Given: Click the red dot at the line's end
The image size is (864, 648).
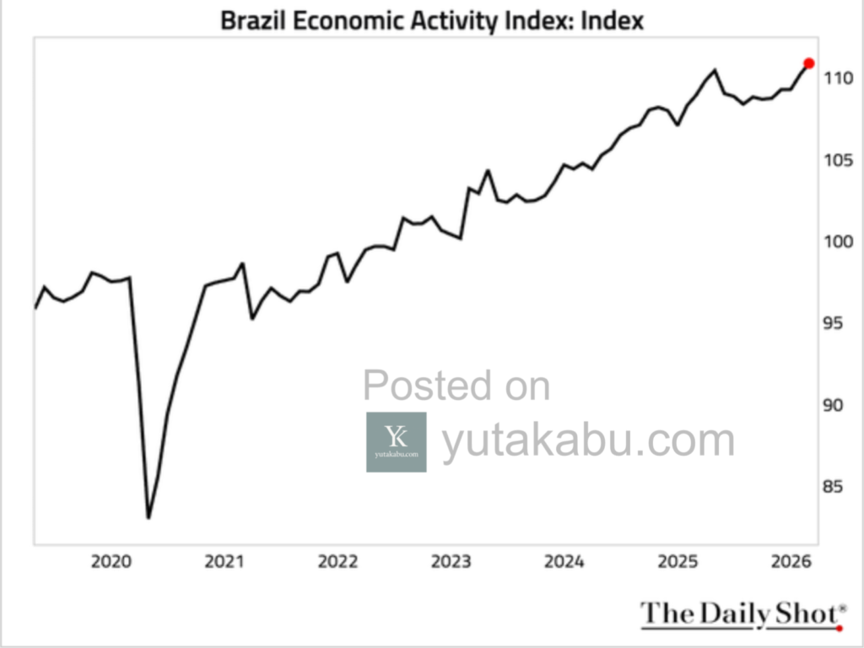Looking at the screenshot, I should point(809,63).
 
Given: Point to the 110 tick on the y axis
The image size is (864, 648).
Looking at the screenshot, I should point(840,78).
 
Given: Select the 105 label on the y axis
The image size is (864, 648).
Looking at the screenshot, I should point(840,160).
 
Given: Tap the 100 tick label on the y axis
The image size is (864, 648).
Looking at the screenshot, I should point(840,242).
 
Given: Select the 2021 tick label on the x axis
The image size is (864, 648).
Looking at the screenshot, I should point(224,562).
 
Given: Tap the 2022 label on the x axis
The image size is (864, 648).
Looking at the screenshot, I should point(337,562).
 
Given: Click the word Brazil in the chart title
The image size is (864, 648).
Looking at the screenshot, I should point(253,20).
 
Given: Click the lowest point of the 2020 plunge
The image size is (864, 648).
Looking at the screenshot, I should point(148,517).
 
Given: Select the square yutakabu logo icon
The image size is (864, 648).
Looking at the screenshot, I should point(396,441).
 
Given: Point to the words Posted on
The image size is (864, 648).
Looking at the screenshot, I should point(456,386).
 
